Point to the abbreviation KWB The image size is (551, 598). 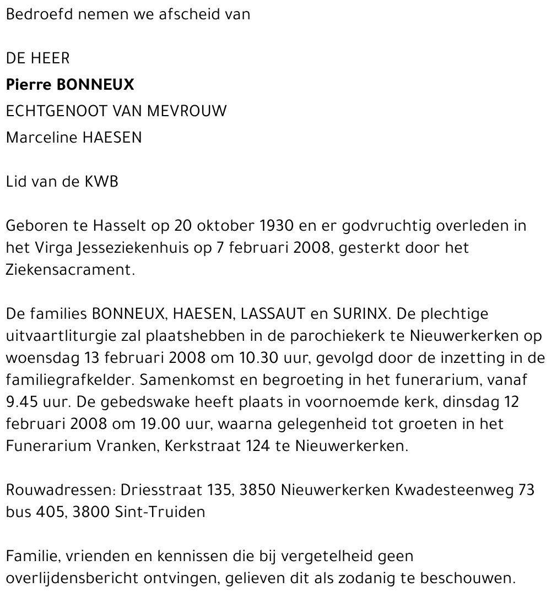(101, 182)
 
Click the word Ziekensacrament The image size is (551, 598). (70, 270)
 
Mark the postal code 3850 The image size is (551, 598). (258, 490)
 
